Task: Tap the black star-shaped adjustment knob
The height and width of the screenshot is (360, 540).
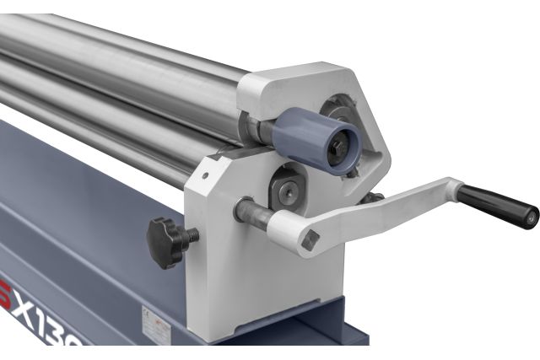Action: coord(166,237)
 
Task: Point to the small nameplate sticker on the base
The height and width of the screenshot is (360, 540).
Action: coord(157,320)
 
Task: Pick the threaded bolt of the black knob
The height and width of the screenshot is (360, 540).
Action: coord(192,239)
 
